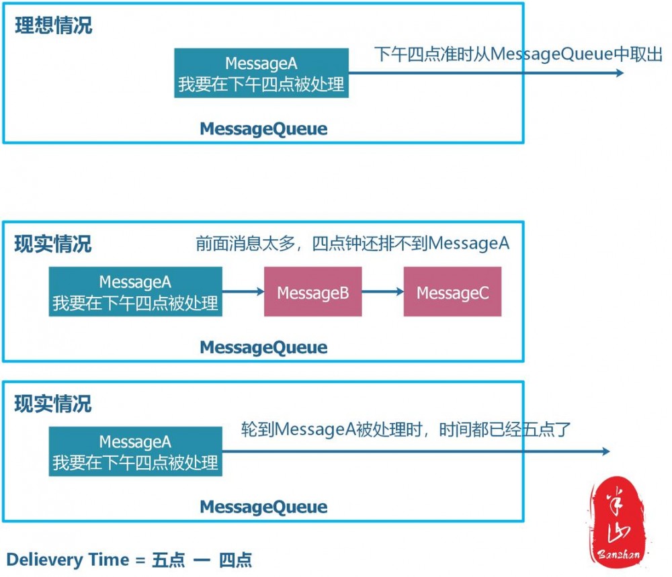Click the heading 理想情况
[54, 27]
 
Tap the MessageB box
[312, 292]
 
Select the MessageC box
[452, 292]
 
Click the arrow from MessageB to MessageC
[382, 292]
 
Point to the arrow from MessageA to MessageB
[243, 292]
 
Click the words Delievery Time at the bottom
[67, 560]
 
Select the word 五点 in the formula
[168, 560]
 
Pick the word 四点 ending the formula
[235, 560]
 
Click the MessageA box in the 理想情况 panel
[261, 73]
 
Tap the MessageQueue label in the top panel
[263, 129]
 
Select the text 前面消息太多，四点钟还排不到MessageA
[352, 244]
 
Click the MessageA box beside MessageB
[135, 292]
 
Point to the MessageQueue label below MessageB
[263, 347]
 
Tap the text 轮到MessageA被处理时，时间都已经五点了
[405, 429]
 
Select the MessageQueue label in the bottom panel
[263, 507]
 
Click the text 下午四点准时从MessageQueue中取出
[517, 54]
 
